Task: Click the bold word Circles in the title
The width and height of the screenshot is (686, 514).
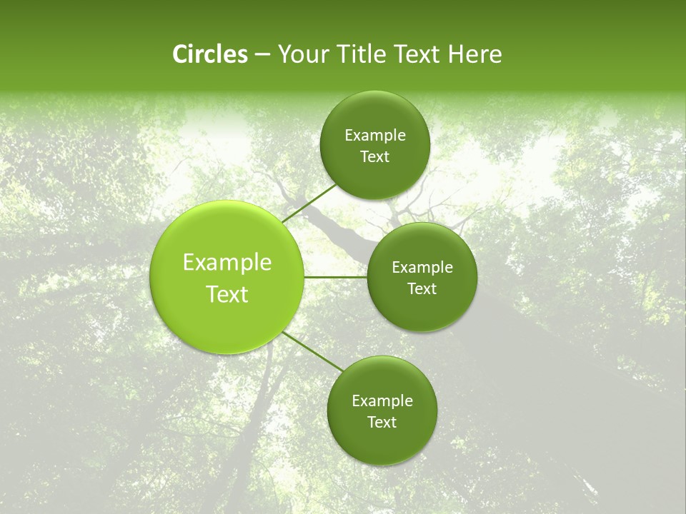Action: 210,54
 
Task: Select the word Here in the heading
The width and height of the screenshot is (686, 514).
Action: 475,54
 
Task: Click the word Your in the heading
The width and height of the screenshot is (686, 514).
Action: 305,54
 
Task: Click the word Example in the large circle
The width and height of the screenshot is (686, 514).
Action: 227,263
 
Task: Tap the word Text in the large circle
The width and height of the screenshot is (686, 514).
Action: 227,294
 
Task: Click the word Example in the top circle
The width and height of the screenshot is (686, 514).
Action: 374,136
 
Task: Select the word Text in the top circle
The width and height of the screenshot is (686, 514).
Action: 374,157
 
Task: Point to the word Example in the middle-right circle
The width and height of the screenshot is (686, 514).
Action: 422,268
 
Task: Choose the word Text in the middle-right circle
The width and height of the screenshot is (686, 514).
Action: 422,289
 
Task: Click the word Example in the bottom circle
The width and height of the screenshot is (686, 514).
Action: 382,401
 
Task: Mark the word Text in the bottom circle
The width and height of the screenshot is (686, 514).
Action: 382,423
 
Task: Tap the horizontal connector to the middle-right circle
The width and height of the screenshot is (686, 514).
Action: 335,277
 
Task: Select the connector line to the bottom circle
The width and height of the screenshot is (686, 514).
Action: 314,351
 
